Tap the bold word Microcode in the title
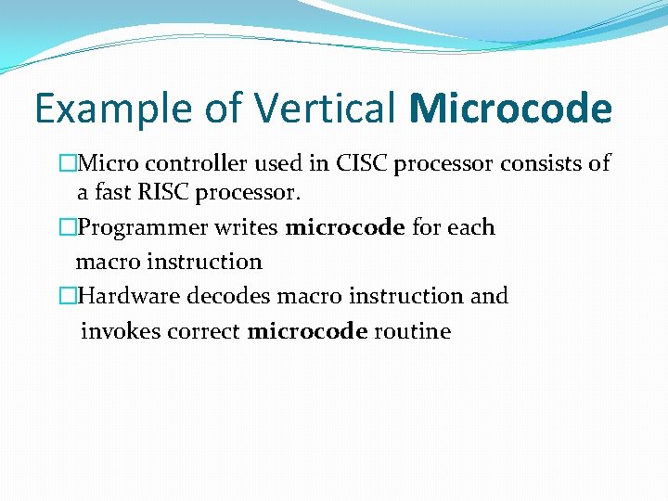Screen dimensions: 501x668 pos(509,109)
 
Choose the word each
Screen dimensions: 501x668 pos(471,228)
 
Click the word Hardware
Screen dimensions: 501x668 pos(129,297)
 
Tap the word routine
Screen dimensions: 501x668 pos(412,332)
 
